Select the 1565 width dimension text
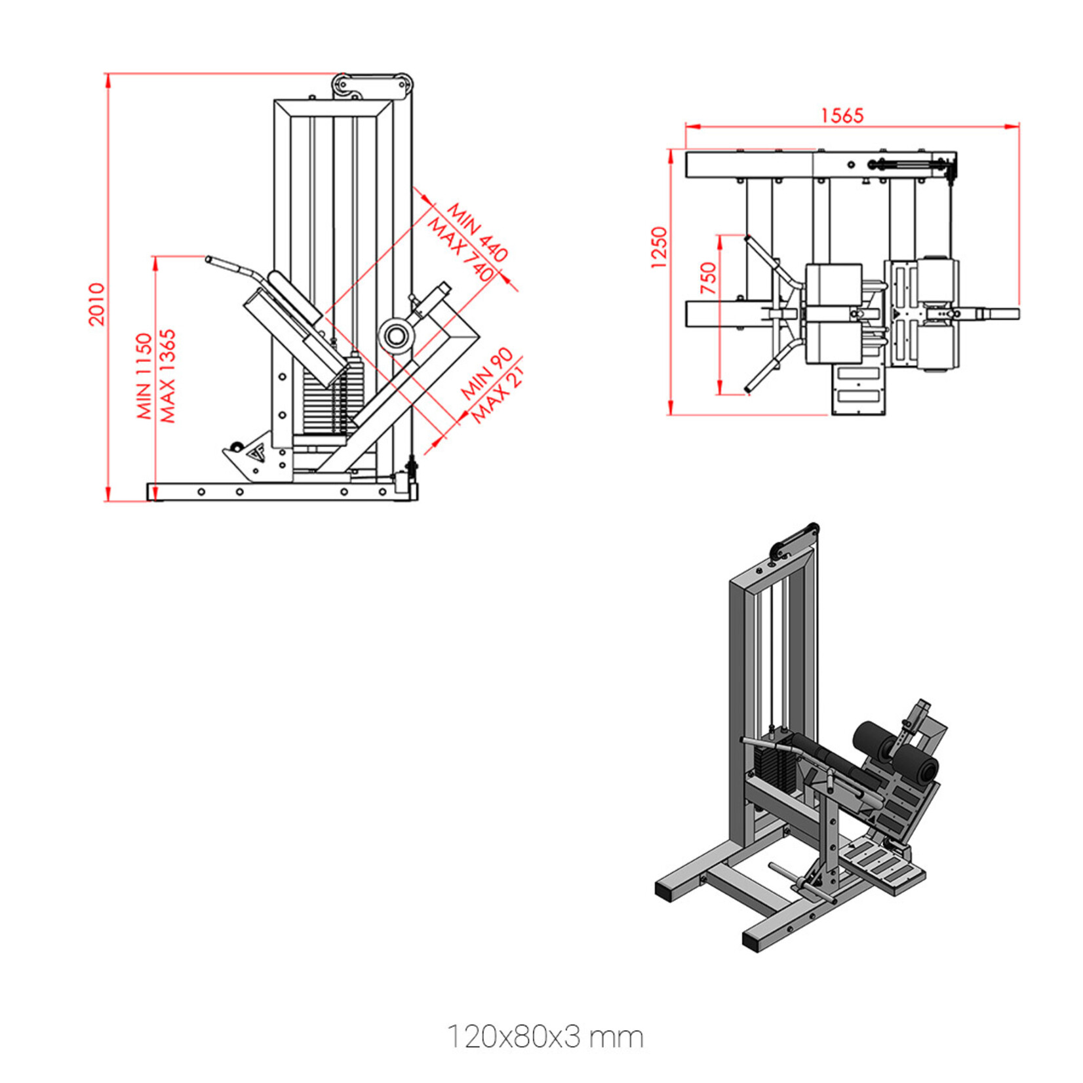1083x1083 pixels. tap(842, 115)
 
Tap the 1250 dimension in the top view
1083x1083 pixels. tap(658, 248)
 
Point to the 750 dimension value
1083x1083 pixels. tap(709, 278)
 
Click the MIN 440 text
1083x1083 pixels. tap(477, 232)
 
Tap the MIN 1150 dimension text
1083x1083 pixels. tap(144, 376)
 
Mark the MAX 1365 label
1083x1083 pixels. tap(168, 376)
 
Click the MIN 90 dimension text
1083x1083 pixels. tap(486, 374)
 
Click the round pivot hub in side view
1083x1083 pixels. tap(395, 337)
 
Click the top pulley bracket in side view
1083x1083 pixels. tap(372, 85)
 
